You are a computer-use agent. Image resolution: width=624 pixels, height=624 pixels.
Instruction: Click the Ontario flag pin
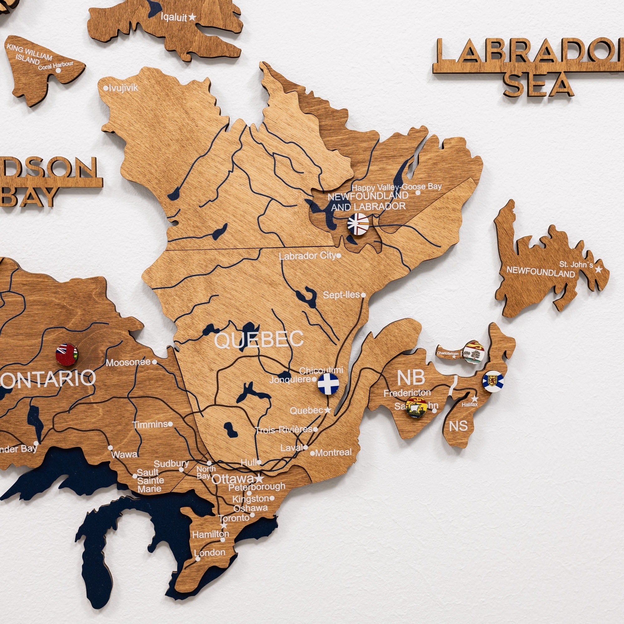66,355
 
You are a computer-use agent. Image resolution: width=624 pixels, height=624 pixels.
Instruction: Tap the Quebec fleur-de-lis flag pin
328,383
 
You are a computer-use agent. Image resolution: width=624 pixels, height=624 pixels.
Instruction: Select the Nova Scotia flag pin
493,382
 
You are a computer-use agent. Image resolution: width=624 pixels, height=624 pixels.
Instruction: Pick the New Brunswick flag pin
416,407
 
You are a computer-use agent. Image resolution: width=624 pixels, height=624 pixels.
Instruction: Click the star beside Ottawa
259,478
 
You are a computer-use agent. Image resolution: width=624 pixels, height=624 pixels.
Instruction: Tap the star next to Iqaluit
192,17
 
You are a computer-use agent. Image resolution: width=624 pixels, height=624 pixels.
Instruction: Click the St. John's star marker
599,269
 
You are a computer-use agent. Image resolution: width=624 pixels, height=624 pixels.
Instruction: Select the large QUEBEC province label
259,339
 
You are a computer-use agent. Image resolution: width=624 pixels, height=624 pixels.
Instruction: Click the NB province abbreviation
411,377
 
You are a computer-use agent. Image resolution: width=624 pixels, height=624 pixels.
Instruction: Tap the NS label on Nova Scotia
458,426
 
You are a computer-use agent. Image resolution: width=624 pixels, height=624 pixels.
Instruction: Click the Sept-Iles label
341,295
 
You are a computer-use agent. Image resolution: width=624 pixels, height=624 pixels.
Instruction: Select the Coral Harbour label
56,65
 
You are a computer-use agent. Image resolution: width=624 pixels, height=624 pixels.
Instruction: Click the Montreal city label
333,452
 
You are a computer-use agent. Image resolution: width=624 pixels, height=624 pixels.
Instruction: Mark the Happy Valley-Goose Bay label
396,187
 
